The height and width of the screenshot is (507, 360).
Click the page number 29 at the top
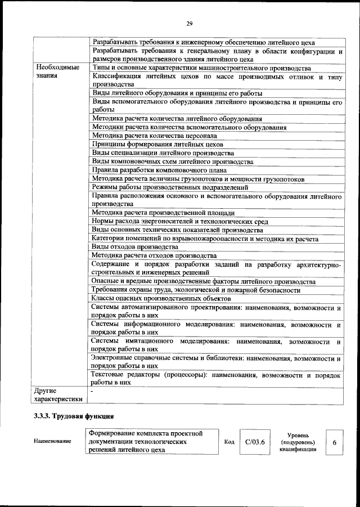coord(190,23)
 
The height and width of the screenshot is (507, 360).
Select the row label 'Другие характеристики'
coord(58,394)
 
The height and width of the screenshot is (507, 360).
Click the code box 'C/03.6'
coord(255,442)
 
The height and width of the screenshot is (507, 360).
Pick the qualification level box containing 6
coord(334,442)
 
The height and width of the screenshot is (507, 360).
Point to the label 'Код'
coord(229,442)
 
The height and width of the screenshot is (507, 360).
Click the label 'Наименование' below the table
coord(52,441)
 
